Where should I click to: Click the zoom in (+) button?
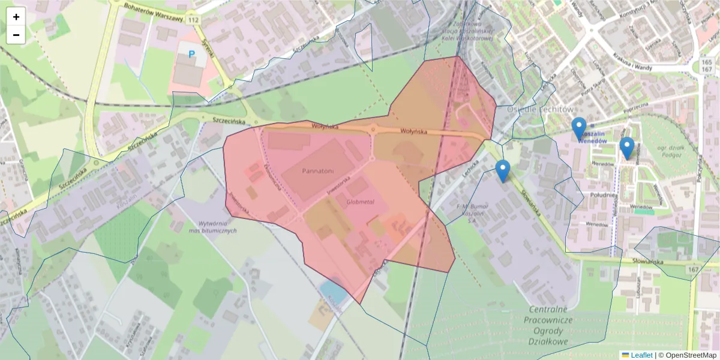coord(16,17)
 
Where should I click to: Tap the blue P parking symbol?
coord(192,55)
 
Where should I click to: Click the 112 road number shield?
coord(192,20)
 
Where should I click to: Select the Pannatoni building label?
coord(317,171)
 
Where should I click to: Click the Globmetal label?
coord(360,202)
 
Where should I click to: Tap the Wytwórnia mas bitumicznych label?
coord(212,226)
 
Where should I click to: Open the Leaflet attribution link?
coord(641,355)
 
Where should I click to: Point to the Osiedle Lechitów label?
coord(540,109)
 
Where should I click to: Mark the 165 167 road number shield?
coord(706,66)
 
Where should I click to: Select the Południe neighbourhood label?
coord(603,194)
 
